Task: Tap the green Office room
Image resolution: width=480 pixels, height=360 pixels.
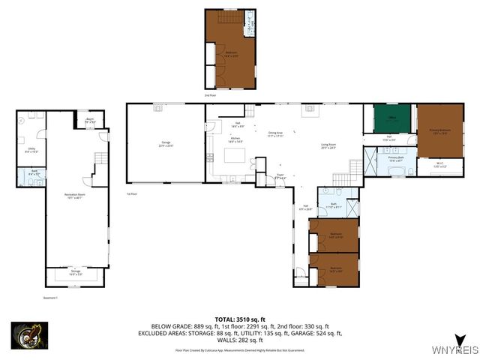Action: (391, 118)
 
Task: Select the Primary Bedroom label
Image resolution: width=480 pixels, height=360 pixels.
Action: (440, 131)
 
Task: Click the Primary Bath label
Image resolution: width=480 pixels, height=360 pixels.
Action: (396, 160)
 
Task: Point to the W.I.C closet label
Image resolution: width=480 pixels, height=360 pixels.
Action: (441, 166)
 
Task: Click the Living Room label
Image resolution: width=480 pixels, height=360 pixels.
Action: (328, 146)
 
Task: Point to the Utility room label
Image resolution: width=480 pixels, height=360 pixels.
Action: (31, 150)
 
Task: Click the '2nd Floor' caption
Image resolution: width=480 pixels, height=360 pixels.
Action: (209, 95)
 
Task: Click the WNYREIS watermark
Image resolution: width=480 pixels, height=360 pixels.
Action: (451, 350)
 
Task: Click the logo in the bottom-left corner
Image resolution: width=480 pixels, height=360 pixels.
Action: (29, 335)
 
